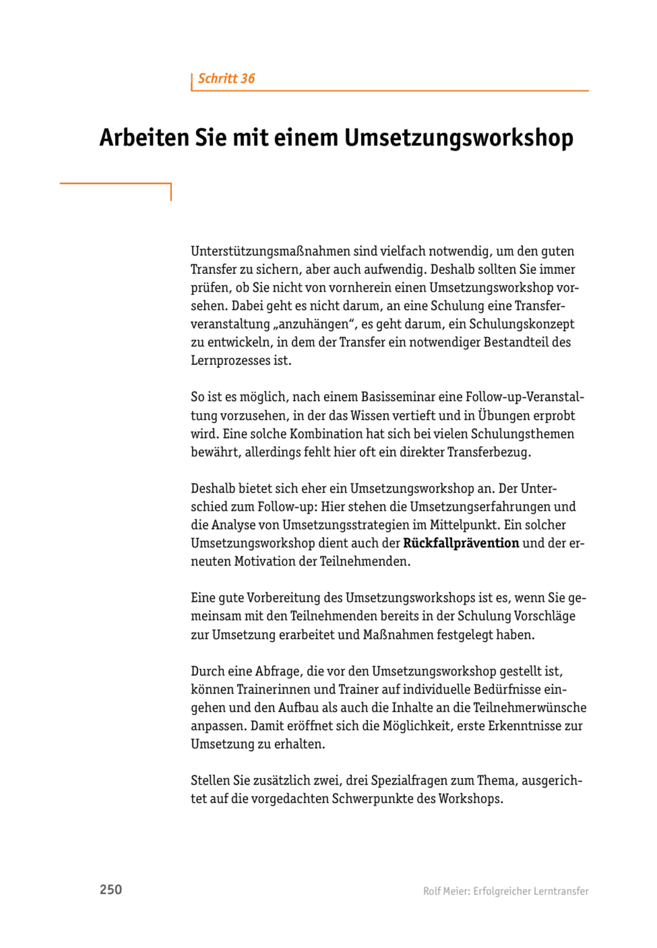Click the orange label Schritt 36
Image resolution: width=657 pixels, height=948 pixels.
[226, 79]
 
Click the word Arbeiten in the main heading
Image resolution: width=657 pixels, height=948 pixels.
[144, 138]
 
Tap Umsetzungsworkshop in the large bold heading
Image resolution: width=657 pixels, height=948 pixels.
[458, 138]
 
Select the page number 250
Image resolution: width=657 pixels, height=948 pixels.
[110, 890]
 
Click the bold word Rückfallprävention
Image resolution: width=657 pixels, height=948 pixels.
[461, 543]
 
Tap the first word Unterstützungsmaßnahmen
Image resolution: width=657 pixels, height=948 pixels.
[270, 251]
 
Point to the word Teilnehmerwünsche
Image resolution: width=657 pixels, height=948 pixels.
[530, 708]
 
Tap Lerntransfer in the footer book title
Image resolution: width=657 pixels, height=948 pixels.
[560, 891]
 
